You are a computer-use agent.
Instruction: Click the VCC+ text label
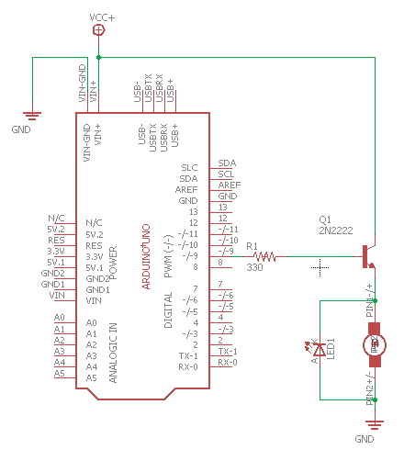(x=102, y=17)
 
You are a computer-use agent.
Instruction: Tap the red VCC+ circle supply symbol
(x=99, y=30)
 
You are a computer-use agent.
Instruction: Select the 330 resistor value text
(x=254, y=267)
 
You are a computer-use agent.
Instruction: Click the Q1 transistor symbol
(x=370, y=256)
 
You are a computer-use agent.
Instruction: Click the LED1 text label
(x=331, y=348)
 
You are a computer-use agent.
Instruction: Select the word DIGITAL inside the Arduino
(x=168, y=310)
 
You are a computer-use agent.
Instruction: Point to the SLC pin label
(x=189, y=167)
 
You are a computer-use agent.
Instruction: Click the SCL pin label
(x=226, y=174)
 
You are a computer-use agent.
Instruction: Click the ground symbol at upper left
(x=33, y=116)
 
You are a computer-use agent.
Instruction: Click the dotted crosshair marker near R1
(x=320, y=267)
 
